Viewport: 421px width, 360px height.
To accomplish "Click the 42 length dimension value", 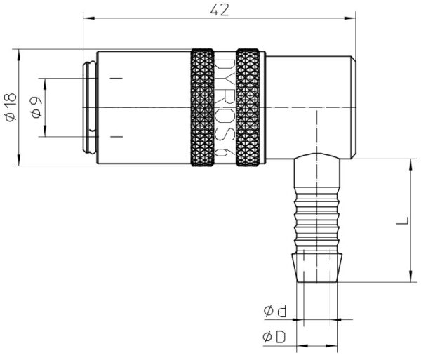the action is (x=220, y=10).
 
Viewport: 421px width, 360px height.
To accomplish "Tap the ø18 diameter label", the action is (x=11, y=107).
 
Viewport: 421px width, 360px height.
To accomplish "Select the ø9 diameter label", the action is (x=36, y=107).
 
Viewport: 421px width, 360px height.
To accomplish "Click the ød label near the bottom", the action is (x=275, y=311).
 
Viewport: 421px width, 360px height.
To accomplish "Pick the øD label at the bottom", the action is (x=274, y=337).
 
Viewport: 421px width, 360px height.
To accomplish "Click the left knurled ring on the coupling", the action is (x=203, y=107).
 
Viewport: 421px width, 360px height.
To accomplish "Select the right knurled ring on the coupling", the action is (x=248, y=107).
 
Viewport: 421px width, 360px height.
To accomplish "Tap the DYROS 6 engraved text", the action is (x=225, y=107).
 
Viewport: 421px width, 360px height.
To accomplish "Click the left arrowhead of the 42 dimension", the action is (x=89, y=18).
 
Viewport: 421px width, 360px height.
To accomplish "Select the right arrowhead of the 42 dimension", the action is (x=350, y=18).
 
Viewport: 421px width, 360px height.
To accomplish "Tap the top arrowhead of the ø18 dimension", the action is (x=19, y=55).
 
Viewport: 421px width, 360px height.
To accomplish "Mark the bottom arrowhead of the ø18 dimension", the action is (x=19, y=160).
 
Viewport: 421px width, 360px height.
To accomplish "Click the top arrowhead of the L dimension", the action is (x=410, y=165).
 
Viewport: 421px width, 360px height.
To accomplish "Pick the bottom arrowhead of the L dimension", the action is (x=410, y=276).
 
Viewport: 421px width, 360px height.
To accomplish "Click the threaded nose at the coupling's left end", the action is (x=89, y=107).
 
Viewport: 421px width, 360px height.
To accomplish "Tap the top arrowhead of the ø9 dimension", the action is (x=45, y=84).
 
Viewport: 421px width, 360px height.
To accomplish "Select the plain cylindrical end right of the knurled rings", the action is (x=311, y=107).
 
